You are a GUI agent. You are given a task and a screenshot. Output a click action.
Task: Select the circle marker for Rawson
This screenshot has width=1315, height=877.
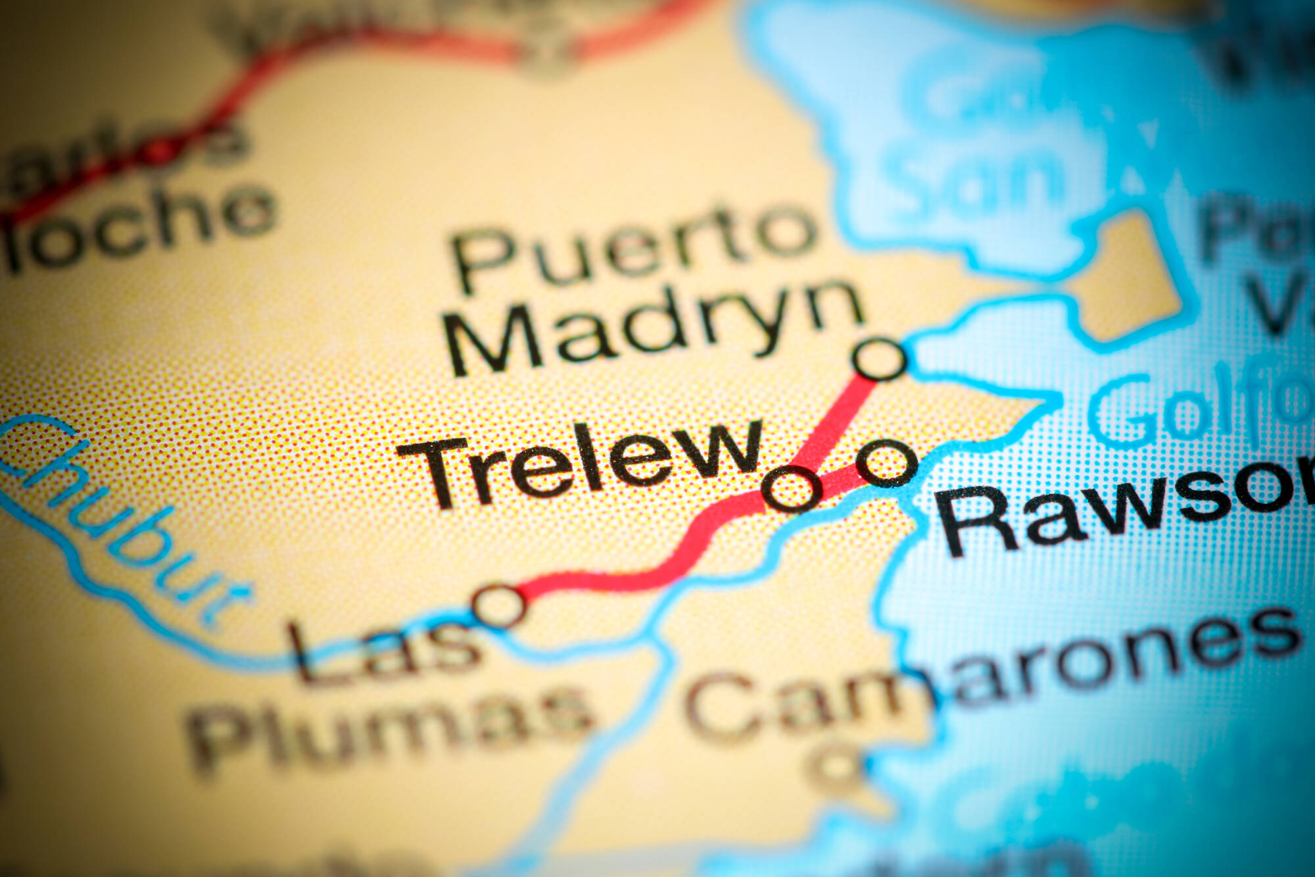[887, 463]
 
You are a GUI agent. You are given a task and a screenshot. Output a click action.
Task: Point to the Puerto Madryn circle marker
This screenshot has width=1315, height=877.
[880, 359]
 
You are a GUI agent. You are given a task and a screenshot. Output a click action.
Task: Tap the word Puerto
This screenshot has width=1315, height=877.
[631, 247]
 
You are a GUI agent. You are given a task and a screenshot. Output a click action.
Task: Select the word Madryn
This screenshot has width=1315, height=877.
[654, 329]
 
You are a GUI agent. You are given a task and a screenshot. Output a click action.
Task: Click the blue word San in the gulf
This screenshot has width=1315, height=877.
[973, 174]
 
